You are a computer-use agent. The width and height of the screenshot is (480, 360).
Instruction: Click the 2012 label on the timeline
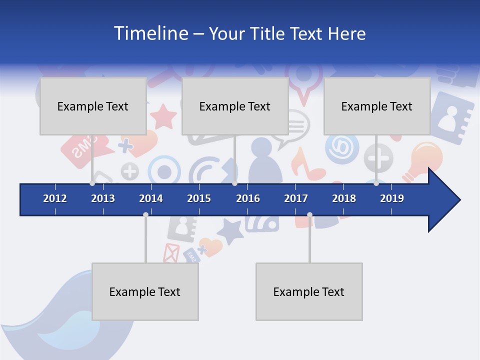(55, 198)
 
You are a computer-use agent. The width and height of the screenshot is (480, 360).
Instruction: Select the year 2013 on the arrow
(103, 198)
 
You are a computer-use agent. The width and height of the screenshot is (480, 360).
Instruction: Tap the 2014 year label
(151, 198)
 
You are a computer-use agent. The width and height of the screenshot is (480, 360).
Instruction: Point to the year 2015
(199, 198)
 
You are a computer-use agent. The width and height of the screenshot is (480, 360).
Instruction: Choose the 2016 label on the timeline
(248, 198)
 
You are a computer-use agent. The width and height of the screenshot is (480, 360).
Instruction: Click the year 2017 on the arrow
(296, 198)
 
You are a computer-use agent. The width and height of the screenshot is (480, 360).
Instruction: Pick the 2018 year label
(344, 198)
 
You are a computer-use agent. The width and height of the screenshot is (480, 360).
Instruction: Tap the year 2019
(392, 198)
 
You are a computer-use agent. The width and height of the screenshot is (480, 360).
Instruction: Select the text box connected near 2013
(93, 106)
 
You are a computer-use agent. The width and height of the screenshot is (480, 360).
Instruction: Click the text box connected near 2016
(235, 106)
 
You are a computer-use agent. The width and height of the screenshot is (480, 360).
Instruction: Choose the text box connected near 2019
(377, 106)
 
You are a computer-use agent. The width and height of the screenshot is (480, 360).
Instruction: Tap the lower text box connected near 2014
(145, 291)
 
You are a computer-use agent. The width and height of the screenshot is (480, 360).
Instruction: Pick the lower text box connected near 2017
(309, 291)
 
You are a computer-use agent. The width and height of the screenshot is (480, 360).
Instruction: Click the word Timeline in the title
(150, 33)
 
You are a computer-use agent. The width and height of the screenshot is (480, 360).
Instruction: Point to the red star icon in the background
(163, 117)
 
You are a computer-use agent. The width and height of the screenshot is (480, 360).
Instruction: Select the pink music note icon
(306, 165)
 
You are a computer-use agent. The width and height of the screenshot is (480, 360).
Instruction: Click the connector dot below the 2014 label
(145, 214)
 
